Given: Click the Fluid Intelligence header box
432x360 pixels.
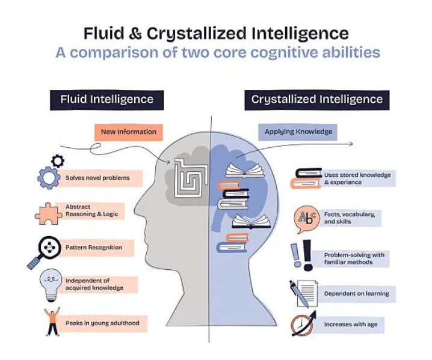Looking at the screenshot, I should click(x=106, y=99).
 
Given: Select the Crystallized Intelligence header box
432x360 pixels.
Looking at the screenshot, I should click(x=316, y=100).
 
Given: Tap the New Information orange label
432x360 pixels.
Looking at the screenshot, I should click(x=128, y=132).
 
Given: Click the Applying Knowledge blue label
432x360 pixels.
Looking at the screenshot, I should click(x=299, y=132).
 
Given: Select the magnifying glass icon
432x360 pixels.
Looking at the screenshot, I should click(x=44, y=249).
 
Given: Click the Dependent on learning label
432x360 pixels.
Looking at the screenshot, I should click(x=356, y=294).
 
